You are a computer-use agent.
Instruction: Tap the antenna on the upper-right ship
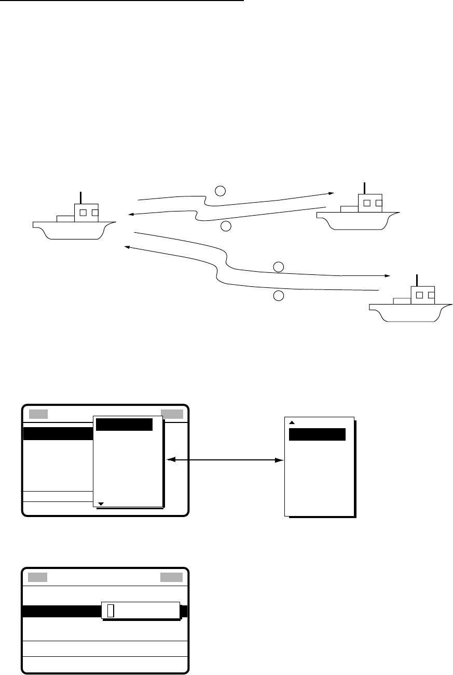coord(365,188)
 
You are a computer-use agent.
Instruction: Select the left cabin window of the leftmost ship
coord(83,212)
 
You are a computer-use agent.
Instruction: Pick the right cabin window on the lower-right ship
coord(431,295)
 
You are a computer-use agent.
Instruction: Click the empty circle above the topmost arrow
coord(220,190)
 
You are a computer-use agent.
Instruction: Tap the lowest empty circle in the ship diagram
coord(279,296)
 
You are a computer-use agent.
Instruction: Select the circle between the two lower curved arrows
coord(279,267)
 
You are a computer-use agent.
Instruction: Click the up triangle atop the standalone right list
coord(292,422)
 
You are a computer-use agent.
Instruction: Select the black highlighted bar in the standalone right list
coord(317,434)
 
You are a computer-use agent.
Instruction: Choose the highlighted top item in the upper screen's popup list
coord(125,425)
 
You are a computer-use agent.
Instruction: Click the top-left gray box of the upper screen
coord(38,414)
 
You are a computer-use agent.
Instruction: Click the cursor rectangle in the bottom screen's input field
coord(109,612)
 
